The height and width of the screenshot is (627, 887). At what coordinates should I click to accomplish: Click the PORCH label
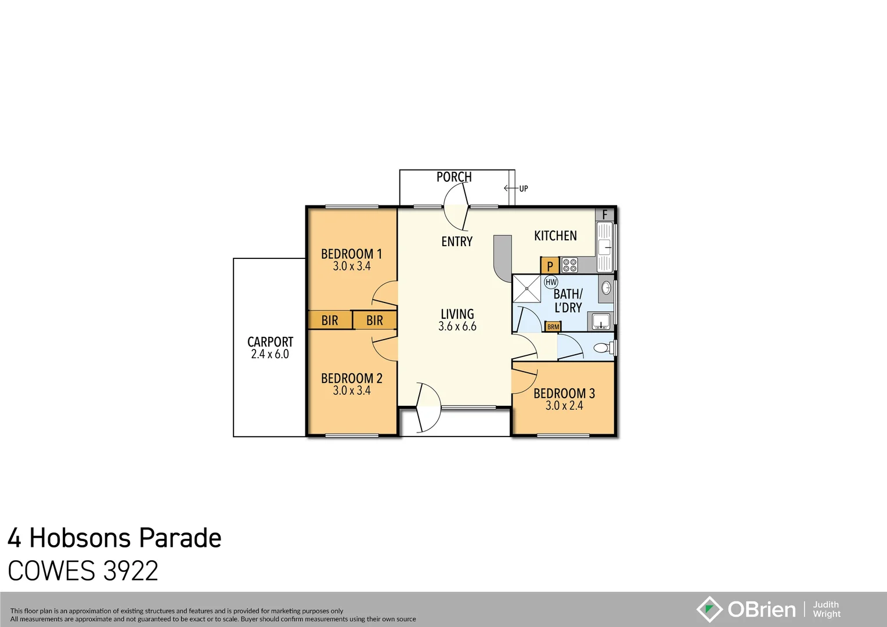click(454, 177)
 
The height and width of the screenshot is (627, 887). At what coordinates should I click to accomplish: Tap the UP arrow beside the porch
click(511, 188)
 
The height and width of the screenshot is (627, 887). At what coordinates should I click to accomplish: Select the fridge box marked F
click(604, 214)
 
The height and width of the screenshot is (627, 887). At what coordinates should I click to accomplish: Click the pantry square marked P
click(550, 266)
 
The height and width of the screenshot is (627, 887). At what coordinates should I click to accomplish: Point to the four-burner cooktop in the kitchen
click(569, 265)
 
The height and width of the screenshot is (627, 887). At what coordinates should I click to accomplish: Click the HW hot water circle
click(550, 282)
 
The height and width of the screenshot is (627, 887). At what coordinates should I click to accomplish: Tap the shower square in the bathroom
click(527, 289)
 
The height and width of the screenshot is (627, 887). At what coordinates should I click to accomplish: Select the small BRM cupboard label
click(553, 327)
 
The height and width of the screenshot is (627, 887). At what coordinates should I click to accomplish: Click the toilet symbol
click(601, 348)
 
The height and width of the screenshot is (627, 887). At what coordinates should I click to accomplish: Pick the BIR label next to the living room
click(374, 320)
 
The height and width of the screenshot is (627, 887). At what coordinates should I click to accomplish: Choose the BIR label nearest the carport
click(330, 320)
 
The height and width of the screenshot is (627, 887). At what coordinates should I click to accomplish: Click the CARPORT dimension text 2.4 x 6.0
click(270, 354)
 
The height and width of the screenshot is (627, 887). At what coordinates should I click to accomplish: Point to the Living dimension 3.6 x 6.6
click(457, 326)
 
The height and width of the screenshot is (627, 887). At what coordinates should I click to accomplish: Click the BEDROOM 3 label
click(564, 393)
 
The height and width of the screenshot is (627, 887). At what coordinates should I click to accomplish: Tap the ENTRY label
click(457, 242)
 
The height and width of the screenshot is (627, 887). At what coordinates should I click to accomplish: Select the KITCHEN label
click(556, 236)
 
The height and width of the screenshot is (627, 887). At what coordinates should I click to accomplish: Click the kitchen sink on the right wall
click(604, 247)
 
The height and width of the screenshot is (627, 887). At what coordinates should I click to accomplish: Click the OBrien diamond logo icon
click(709, 609)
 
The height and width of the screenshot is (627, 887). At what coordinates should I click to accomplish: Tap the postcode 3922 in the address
click(131, 571)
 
